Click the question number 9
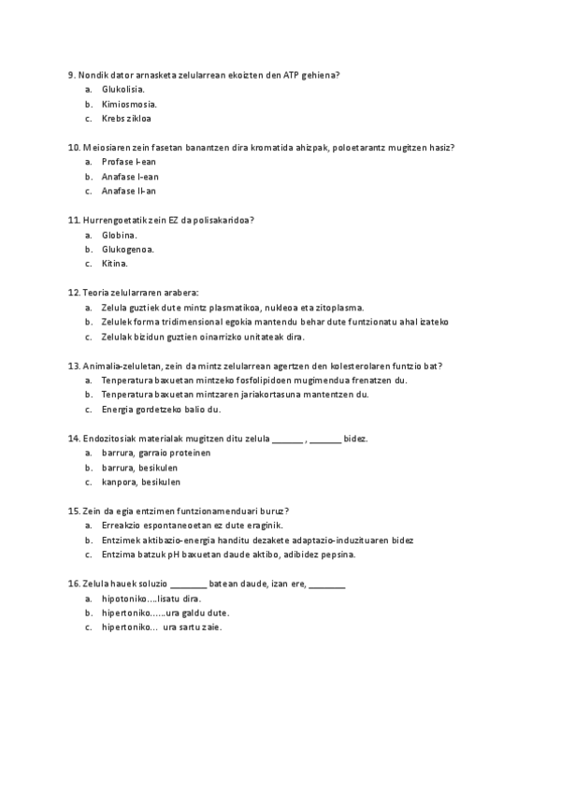click(x=72, y=74)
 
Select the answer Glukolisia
click(x=123, y=89)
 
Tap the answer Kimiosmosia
click(x=129, y=104)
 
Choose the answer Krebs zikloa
click(x=126, y=119)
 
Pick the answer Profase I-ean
click(x=129, y=162)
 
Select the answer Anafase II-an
click(x=129, y=191)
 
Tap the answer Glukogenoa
click(x=128, y=250)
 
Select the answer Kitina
click(x=115, y=264)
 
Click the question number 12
click(x=74, y=293)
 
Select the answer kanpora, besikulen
click(x=140, y=483)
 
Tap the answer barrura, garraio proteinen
click(x=155, y=453)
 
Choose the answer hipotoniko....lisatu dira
click(x=151, y=598)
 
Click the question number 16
click(x=74, y=584)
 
